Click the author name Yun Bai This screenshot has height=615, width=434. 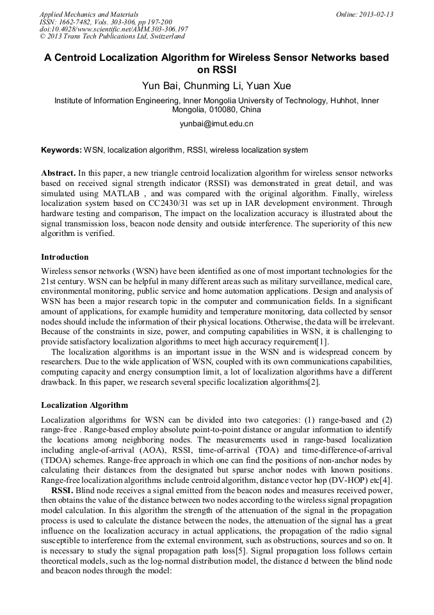coord(160,85)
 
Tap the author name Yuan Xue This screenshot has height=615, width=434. coord(269,85)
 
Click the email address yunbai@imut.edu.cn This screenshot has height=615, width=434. coord(216,124)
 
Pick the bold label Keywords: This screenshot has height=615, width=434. coord(61,150)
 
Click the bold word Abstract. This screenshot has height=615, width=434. coord(58,174)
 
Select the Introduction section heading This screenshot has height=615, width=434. coord(65,257)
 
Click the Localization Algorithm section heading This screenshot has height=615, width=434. coord(84,405)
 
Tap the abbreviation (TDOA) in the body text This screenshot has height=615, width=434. coord(57,460)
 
